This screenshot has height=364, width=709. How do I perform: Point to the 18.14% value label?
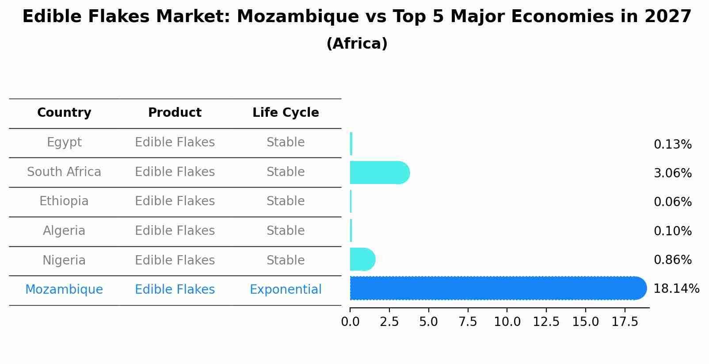676,289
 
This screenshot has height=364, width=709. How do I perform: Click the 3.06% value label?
672,173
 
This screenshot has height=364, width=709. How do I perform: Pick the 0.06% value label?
672,202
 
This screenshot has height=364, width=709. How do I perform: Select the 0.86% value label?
672,260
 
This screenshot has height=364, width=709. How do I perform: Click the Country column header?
64,113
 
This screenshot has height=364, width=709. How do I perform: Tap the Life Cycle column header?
286,113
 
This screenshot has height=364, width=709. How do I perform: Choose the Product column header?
175,113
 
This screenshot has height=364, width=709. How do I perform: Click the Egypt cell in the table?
64,142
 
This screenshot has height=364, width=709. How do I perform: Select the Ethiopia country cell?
64,201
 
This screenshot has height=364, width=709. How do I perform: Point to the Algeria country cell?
64,231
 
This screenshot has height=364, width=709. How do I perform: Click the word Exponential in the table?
286,290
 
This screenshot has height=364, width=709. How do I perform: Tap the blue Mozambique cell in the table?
64,290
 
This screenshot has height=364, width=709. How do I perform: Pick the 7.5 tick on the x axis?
468,322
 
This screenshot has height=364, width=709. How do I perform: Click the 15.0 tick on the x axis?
585,322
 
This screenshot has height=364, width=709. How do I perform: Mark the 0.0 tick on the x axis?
350,322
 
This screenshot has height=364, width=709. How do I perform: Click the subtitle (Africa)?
357,44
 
